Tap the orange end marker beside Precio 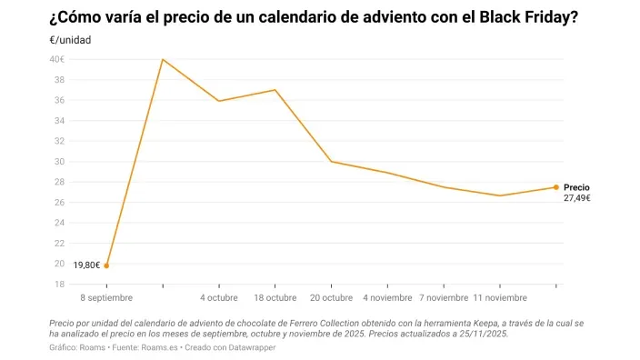point(555,187)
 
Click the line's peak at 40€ point(163,59)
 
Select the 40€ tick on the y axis point(56,59)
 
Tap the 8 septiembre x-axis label point(106,298)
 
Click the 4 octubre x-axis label point(219,298)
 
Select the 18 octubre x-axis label point(275,298)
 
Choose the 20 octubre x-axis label point(331,298)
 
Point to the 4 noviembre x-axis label point(387,298)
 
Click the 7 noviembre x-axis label point(444,298)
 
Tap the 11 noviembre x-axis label point(500,298)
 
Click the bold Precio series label point(576,187)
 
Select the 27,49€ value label point(577,198)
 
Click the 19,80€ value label point(86,265)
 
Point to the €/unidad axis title point(70,40)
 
